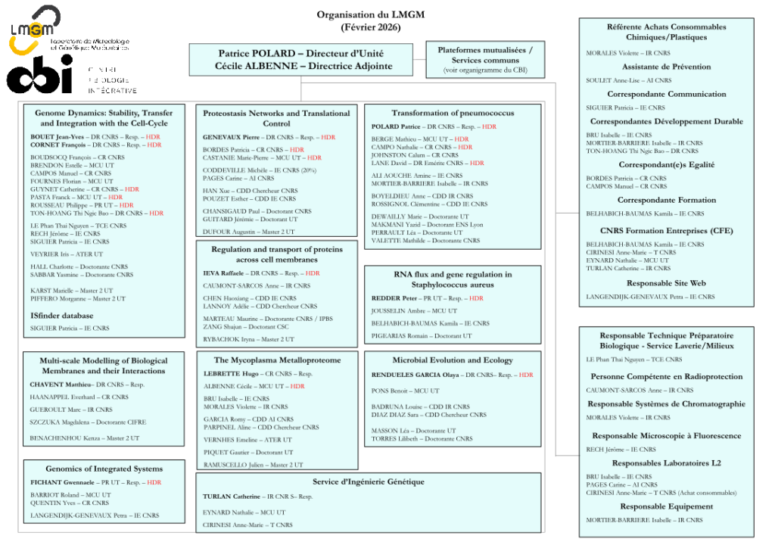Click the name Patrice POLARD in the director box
tap(255, 53)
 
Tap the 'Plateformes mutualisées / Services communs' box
tap(485, 60)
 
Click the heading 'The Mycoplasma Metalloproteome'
tap(277, 360)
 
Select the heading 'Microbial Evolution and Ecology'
tap(452, 360)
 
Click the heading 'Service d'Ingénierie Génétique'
tap(368, 481)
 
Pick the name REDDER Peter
tap(394, 298)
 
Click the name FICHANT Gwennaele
tap(62, 482)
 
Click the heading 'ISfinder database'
tap(62, 315)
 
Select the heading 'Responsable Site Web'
tap(666, 283)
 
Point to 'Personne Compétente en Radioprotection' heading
tap(666, 376)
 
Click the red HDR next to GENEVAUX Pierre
tap(328, 138)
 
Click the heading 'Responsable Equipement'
tap(666, 506)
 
